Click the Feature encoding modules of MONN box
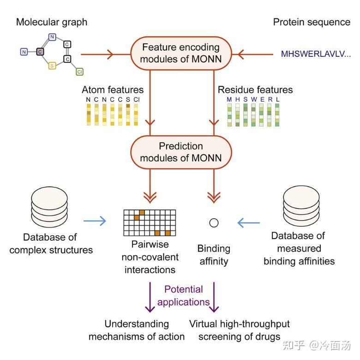coord(181,53)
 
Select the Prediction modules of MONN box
coord(181,152)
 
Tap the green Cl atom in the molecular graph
coord(79,72)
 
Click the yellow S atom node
coord(52,66)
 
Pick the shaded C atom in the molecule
coord(40,52)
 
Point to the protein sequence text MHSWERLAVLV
coord(316,54)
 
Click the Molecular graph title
coord(52,22)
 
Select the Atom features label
coord(113,90)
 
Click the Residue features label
coord(255,90)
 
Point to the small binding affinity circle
coord(214,223)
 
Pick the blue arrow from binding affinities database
coord(249,223)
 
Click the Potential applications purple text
coord(183,295)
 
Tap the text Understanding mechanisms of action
coord(137,330)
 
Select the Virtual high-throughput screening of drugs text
coord(240,330)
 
